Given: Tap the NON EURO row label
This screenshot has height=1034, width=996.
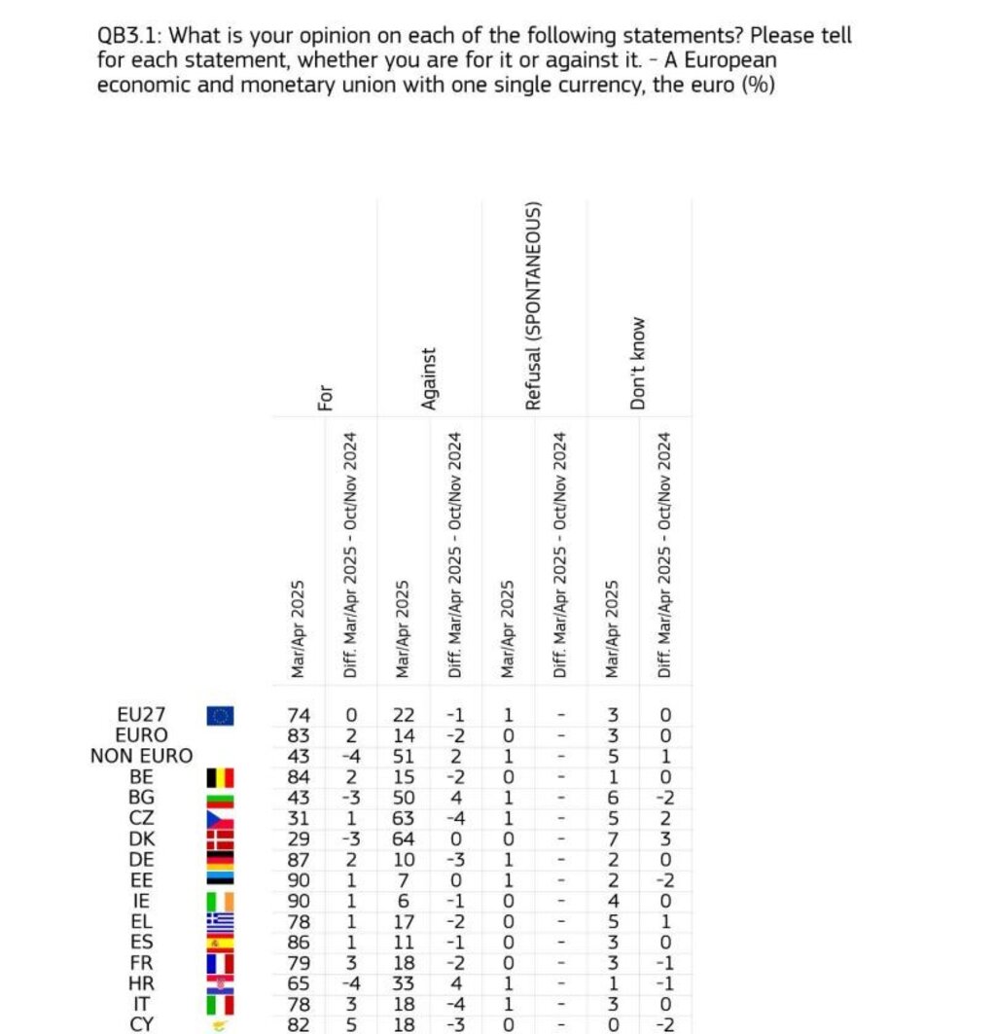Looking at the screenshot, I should pos(142,756).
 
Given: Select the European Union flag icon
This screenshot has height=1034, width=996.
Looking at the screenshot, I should pos(221,716).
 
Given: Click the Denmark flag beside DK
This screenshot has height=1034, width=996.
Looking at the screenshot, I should pos(221,838).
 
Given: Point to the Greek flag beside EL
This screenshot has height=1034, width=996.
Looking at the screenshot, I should pos(221,920).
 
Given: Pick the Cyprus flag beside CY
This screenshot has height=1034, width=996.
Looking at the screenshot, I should pos(221,1023).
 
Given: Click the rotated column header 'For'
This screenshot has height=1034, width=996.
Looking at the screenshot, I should pos(326,396).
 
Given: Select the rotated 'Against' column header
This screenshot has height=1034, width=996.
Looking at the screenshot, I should pos(430,379).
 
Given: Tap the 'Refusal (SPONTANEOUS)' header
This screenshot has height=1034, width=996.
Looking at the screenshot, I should pos(533,306).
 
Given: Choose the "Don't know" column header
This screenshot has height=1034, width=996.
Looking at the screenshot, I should pos(638,363).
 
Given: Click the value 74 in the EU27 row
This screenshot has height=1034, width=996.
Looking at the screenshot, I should pos(300,716).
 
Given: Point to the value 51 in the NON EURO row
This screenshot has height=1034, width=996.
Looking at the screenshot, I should pos(403,757).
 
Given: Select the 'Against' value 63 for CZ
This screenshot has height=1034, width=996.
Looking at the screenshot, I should pos(403,818).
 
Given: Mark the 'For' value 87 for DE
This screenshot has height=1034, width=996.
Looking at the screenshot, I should pos(300,859).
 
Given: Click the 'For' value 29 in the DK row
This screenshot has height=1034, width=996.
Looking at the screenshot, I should pos(300,838).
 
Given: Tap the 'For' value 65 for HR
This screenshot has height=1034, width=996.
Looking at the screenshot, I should pos(300,982).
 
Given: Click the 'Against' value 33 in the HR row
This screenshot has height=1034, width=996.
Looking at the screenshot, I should pos(403,982).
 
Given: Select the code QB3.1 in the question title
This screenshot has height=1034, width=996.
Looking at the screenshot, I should pos(130,37).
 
